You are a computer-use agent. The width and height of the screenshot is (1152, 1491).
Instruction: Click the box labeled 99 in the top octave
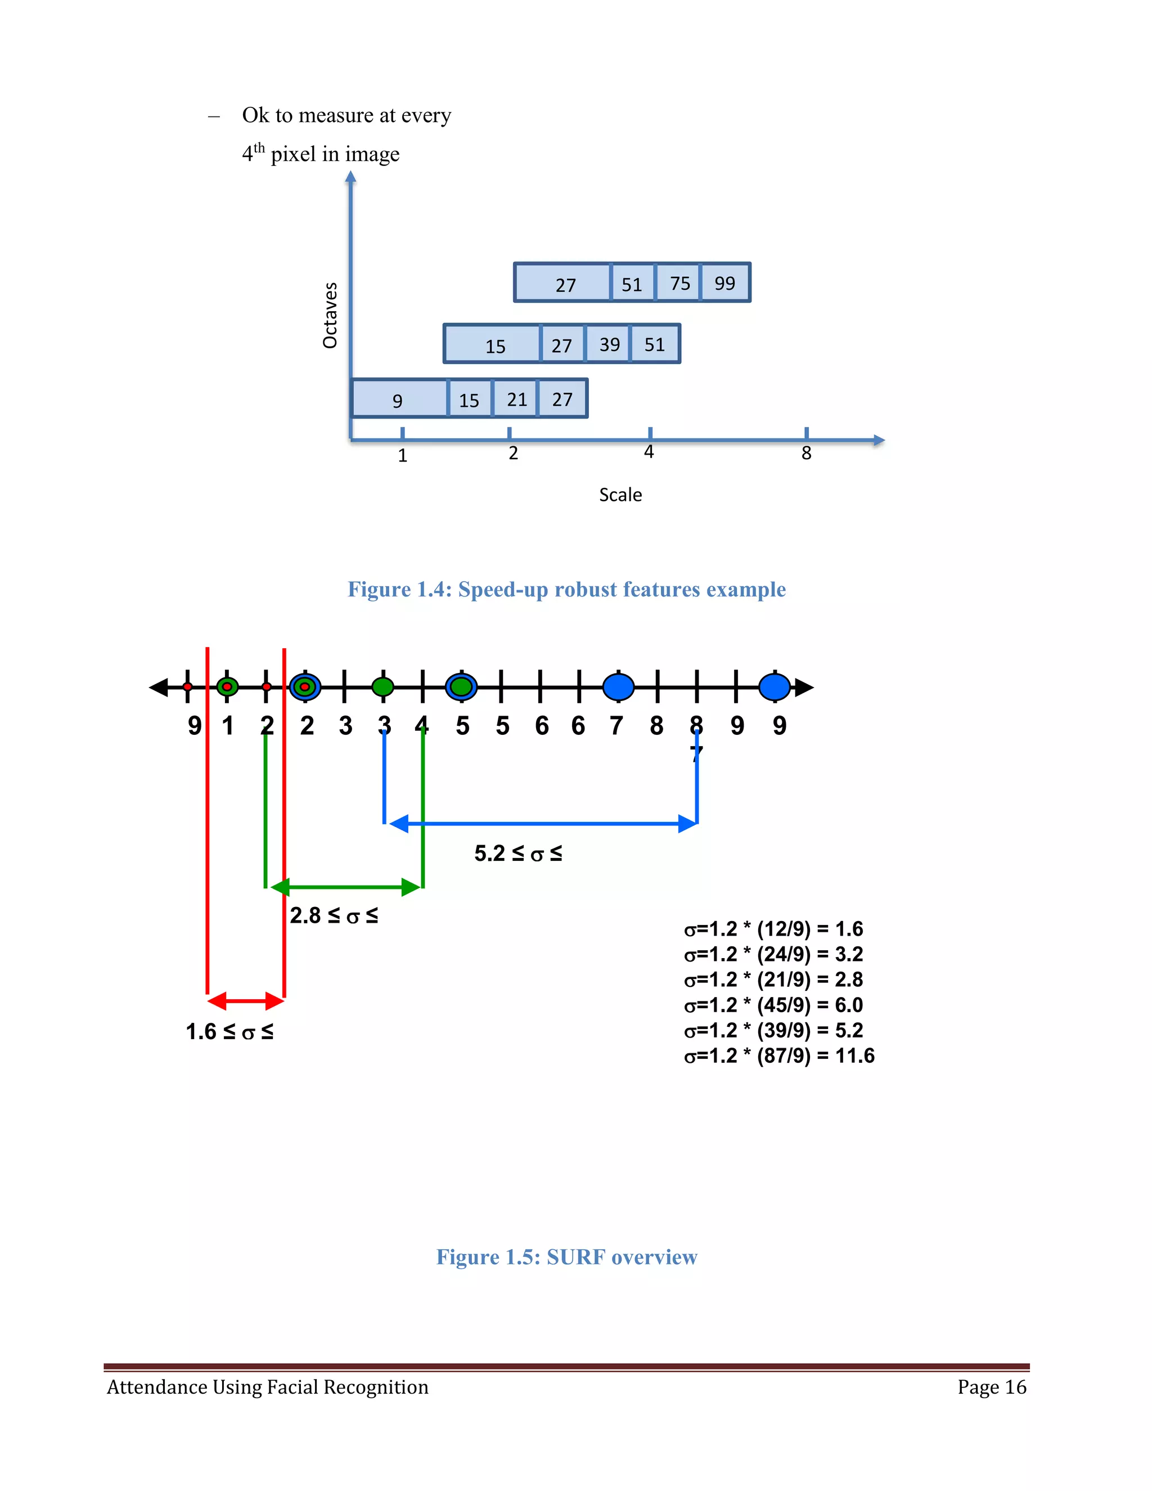pos(724,282)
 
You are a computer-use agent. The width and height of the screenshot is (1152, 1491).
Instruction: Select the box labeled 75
pos(679,282)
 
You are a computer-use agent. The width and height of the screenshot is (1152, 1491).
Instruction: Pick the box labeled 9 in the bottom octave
pos(399,399)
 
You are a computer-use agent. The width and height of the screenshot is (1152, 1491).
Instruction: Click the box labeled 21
pos(516,399)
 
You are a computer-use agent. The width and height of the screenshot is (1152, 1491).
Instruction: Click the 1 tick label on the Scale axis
pos(403,455)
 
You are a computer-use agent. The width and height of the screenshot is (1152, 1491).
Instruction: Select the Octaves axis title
pos(330,316)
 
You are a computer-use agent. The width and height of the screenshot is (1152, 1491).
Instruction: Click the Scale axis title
pos(620,495)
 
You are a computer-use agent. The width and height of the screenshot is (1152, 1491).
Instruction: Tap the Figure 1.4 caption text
pos(566,589)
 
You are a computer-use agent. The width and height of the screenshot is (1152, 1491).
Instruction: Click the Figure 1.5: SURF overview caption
pos(566,1257)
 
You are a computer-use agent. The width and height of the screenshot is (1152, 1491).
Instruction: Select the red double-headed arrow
pos(246,1002)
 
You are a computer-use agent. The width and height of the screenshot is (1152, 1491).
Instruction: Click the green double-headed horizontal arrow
pos(345,887)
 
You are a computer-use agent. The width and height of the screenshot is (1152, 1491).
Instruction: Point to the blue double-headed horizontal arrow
pos(543,824)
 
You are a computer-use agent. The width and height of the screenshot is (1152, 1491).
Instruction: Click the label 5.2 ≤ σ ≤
pos(518,854)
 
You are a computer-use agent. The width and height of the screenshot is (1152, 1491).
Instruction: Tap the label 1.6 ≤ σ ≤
pos(229,1031)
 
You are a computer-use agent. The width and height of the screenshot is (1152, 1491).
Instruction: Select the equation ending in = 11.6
pos(778,1056)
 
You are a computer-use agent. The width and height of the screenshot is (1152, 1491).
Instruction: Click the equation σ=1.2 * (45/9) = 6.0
pos(773,1005)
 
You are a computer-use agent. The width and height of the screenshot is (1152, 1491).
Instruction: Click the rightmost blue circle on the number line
pos(775,687)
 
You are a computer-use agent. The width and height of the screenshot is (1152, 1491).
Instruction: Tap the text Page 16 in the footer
pos(991,1387)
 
